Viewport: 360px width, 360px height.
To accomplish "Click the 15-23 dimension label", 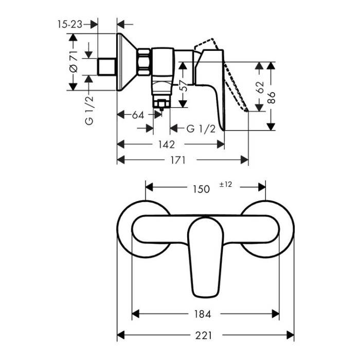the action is pos(70,24).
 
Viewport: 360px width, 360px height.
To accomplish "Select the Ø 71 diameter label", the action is pos(74,62).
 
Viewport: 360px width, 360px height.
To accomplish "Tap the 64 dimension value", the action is pos(138,115).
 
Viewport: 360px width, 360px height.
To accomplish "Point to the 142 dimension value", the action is pos(167,145).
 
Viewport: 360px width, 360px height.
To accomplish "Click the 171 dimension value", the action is pos(178,160).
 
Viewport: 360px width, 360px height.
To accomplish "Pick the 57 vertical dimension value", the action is pos(184,86).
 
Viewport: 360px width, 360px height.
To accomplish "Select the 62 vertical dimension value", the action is pos(260,87).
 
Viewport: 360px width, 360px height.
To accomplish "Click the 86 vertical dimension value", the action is pos(272,98).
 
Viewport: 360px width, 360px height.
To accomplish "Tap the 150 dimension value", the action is pos(201,189).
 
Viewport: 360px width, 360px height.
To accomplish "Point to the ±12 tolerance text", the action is pos(226,184).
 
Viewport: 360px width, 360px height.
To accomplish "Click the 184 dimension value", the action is pos(203,314).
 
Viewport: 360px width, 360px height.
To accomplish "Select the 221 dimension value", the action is pos(204,335).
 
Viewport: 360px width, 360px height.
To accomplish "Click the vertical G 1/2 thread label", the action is pos(89,111).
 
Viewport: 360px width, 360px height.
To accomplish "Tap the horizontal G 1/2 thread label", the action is pos(201,129).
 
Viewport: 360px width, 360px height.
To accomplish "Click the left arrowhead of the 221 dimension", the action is pos(121,335).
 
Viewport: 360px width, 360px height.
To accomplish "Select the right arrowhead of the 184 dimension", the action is pos(276,314).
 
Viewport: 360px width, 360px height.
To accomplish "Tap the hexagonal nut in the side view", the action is pos(144,62).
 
